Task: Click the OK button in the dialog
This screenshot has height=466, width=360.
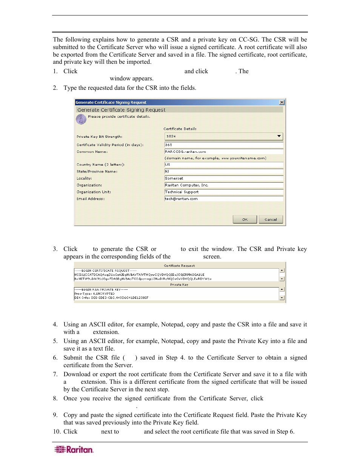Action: [x=245, y=219]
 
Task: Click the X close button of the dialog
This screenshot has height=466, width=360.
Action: [x=282, y=102]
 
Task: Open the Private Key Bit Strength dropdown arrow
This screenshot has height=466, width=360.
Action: [x=279, y=136]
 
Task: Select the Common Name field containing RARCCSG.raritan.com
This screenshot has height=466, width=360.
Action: [x=223, y=152]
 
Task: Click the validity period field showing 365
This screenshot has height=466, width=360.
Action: [x=223, y=145]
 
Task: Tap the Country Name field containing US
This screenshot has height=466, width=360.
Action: [x=223, y=165]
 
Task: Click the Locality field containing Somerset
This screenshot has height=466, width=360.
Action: [x=223, y=178]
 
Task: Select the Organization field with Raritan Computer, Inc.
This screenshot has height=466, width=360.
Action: [x=223, y=185]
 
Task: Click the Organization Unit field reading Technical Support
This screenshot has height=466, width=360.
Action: [x=223, y=192]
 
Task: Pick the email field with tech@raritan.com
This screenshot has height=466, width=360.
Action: [x=223, y=199]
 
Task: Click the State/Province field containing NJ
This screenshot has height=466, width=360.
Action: [x=223, y=171]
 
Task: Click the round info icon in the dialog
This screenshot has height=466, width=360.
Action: [x=81, y=119]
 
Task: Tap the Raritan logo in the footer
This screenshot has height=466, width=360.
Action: [x=74, y=449]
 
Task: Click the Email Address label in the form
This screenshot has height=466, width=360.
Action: [x=91, y=199]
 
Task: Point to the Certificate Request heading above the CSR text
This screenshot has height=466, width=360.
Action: [x=179, y=266]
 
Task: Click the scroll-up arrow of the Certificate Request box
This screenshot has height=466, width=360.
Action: [x=282, y=271]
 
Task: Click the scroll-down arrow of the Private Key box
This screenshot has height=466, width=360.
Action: [x=282, y=298]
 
